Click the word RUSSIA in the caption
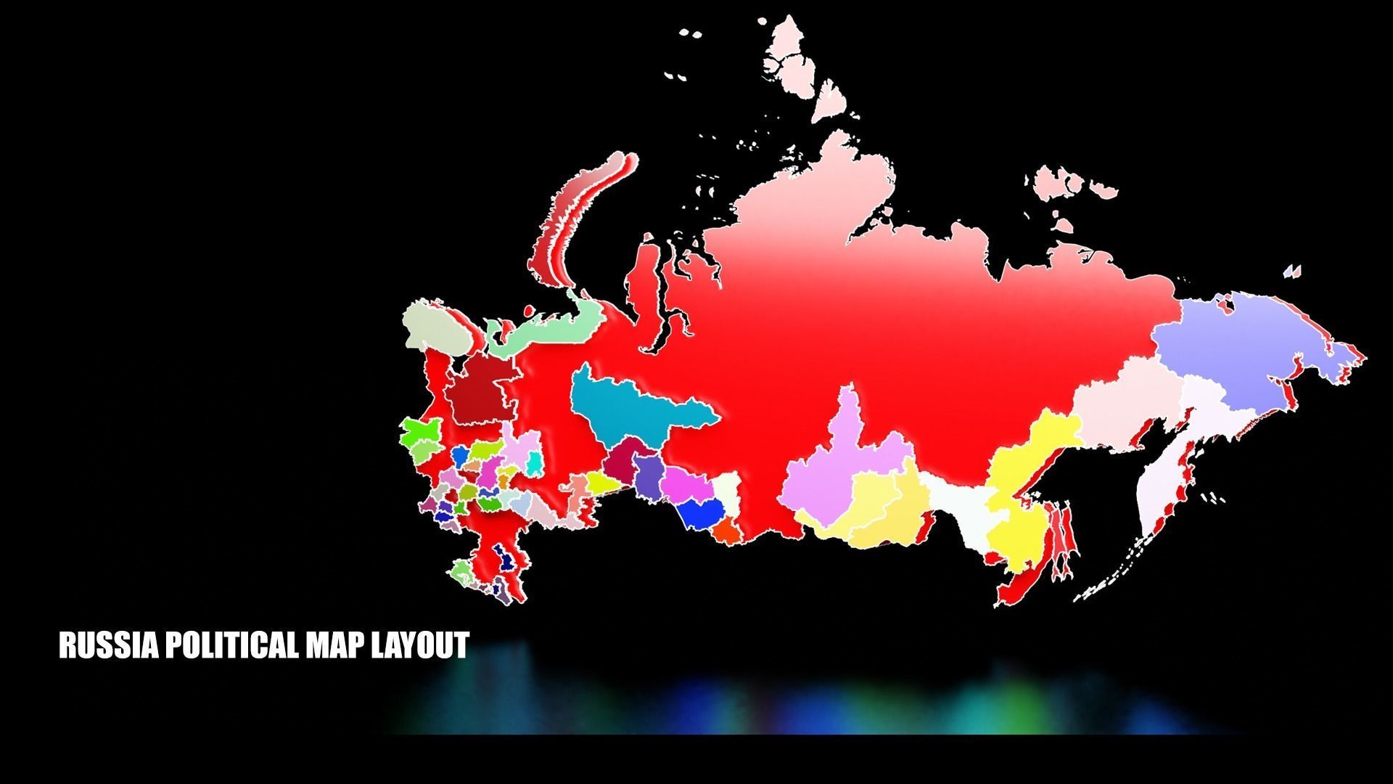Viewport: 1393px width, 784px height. pos(109,645)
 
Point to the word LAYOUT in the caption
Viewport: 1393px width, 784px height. pos(420,645)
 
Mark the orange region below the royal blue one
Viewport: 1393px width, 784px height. pos(726,533)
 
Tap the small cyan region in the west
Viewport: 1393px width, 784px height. pos(535,462)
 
